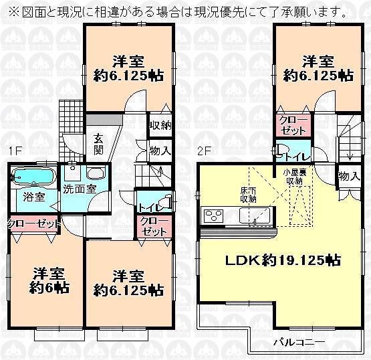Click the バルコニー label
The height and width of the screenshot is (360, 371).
click(298, 342)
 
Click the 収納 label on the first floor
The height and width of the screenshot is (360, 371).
click(160, 124)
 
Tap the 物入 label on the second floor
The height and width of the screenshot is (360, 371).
click(348, 176)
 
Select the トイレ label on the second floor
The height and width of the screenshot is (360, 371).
click(295, 156)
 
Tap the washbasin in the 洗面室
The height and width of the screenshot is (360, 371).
click(95, 174)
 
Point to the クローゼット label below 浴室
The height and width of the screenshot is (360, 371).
click(33, 223)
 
